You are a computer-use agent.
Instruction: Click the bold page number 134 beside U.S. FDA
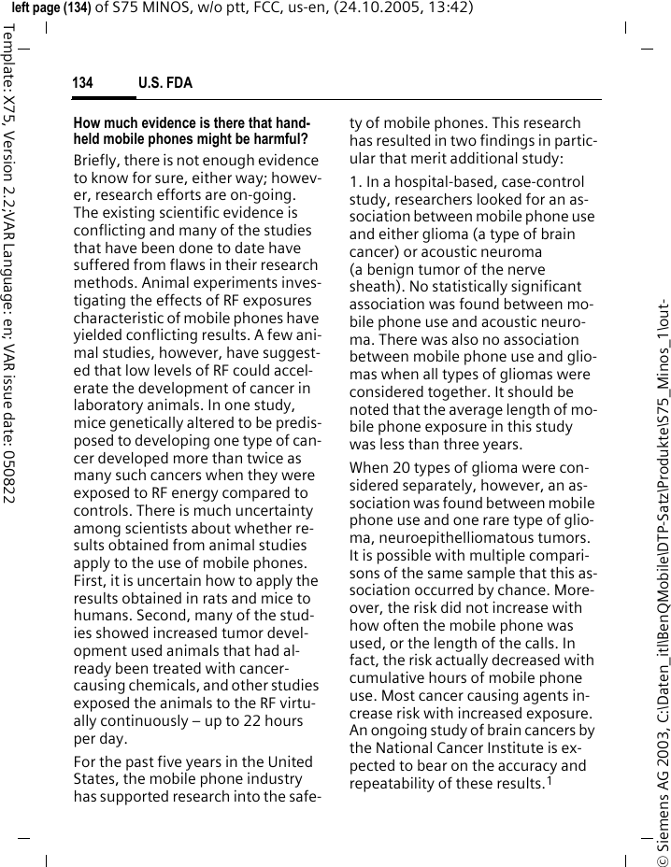pyautogui.click(x=83, y=84)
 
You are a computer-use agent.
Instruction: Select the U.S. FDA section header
pyautogui.click(x=165, y=84)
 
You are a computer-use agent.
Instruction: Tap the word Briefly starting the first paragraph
pyautogui.click(x=99, y=161)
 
